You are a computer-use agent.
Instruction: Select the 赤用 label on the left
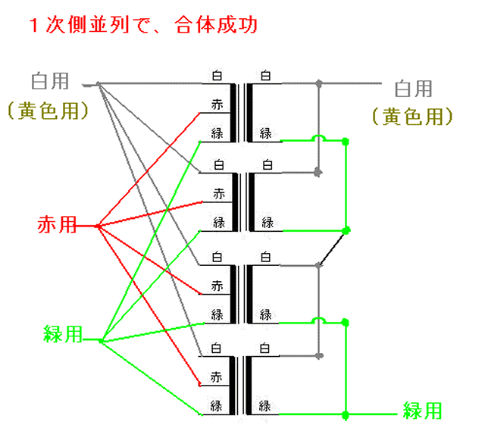pyautogui.click(x=58, y=224)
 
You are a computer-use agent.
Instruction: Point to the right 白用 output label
pyautogui.click(x=414, y=89)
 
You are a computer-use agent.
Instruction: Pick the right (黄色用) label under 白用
pyautogui.click(x=412, y=116)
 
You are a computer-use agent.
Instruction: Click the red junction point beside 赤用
pyautogui.click(x=99, y=225)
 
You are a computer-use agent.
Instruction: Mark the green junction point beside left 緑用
pyautogui.click(x=101, y=340)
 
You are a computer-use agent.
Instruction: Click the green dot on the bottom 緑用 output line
pyautogui.click(x=346, y=414)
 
